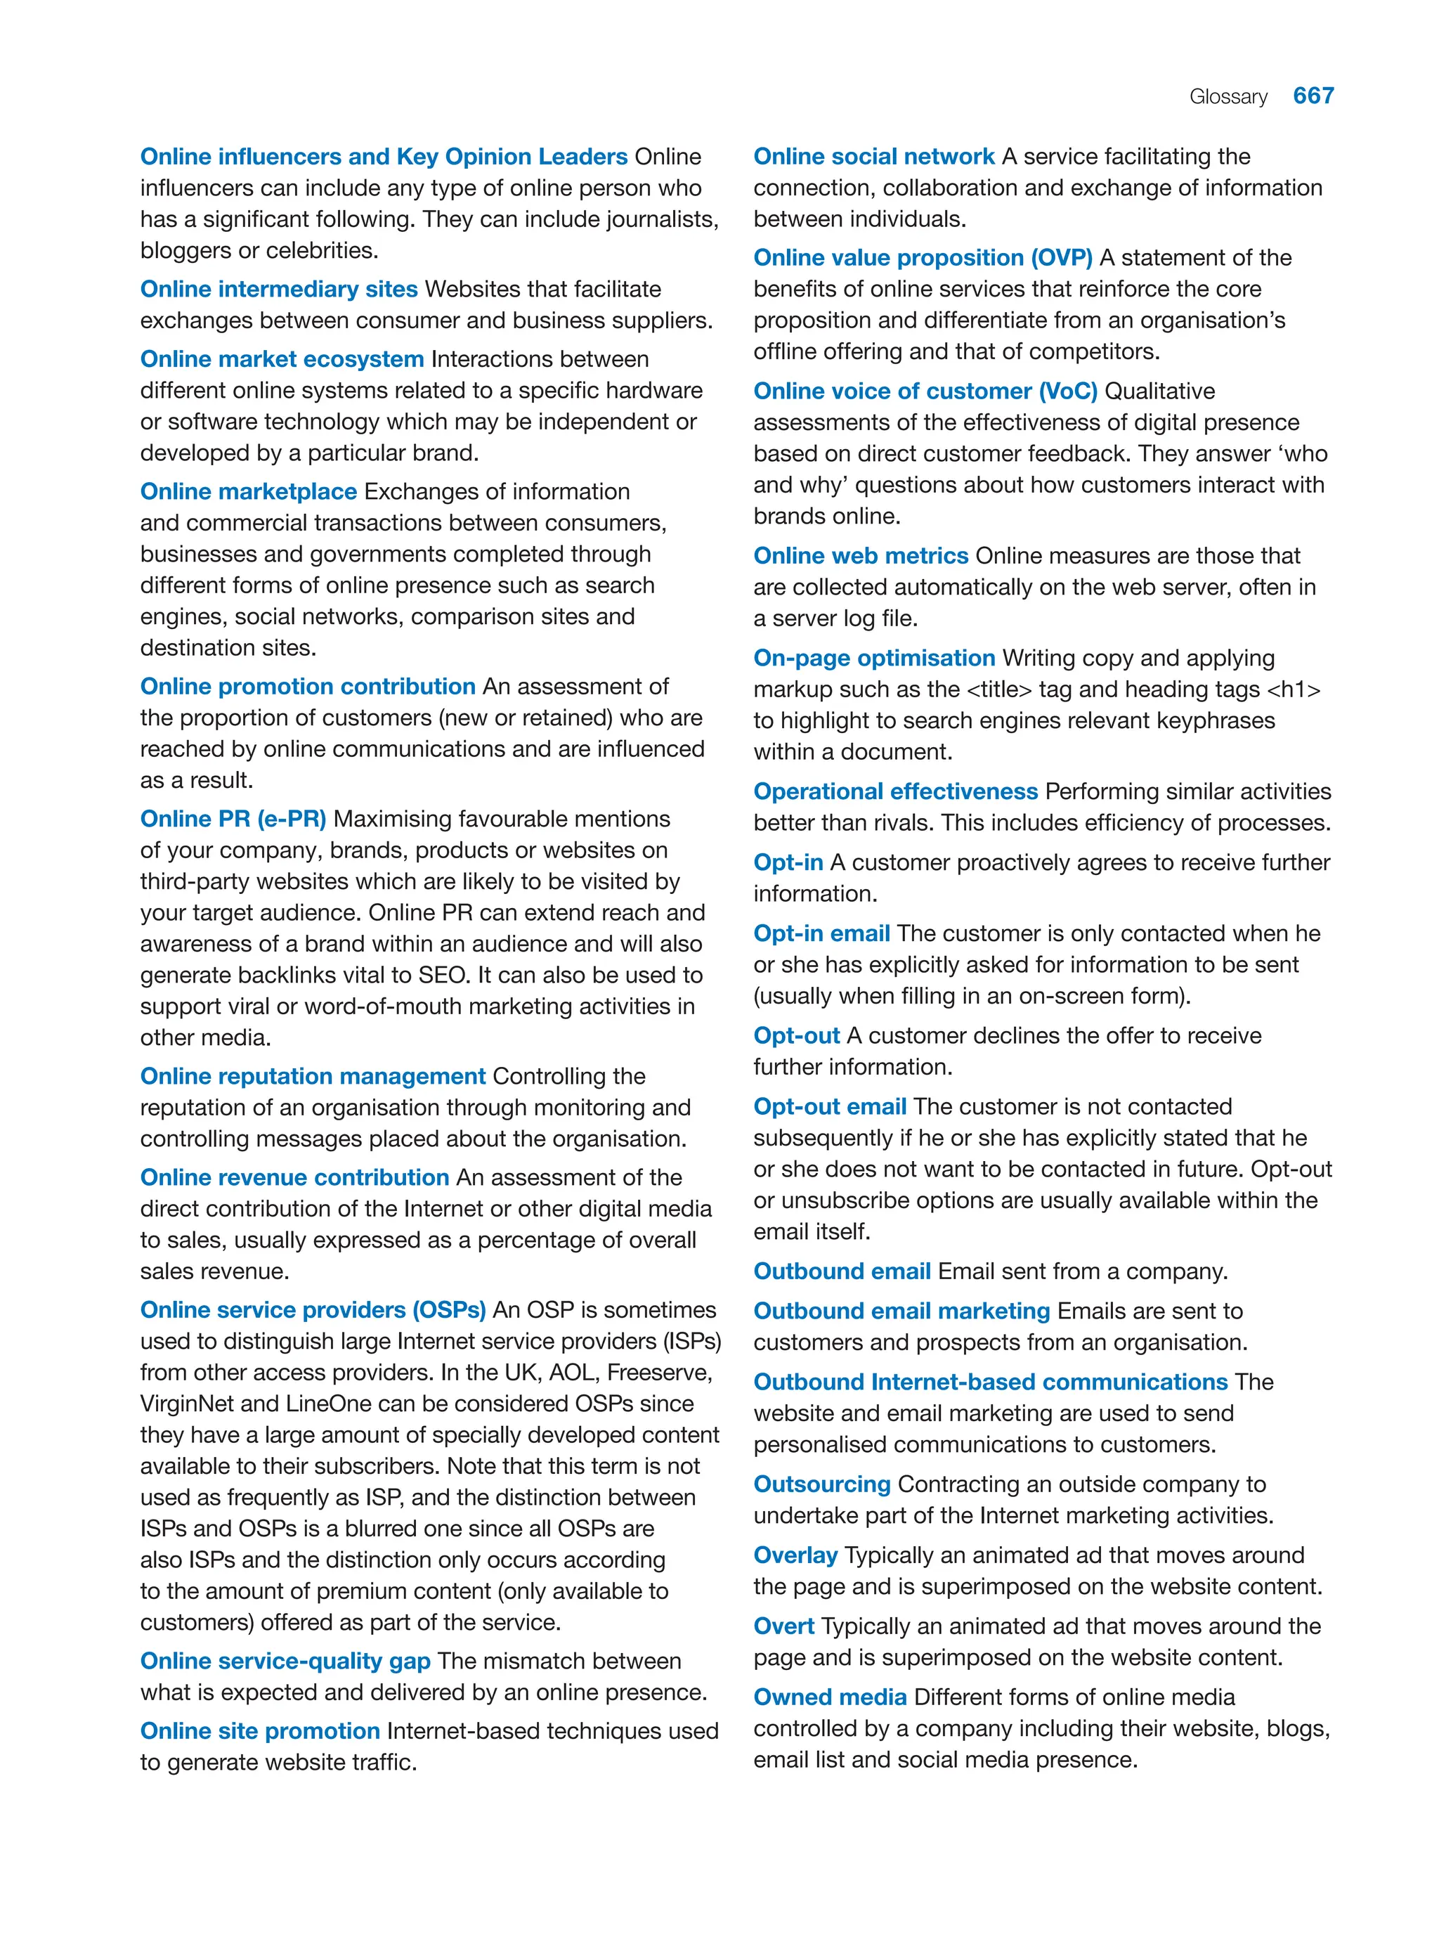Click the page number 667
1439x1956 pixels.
[1313, 96]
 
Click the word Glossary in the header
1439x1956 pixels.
[1228, 97]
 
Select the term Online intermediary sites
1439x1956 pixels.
[279, 290]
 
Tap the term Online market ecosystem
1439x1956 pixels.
[281, 359]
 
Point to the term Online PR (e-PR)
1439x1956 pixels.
[233, 819]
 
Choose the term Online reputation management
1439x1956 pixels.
[313, 1076]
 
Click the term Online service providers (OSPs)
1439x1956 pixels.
[313, 1309]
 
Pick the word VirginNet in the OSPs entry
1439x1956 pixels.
[186, 1404]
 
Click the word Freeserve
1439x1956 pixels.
[658, 1372]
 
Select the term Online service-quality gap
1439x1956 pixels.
[285, 1661]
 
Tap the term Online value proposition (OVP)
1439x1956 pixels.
[923, 258]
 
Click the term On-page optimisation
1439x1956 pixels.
[873, 658]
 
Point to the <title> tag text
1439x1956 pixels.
[999, 689]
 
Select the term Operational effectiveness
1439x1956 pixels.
[895, 791]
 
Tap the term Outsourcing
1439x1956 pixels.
[821, 1484]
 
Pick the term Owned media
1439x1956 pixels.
[829, 1697]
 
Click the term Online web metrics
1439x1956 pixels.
[861, 556]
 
